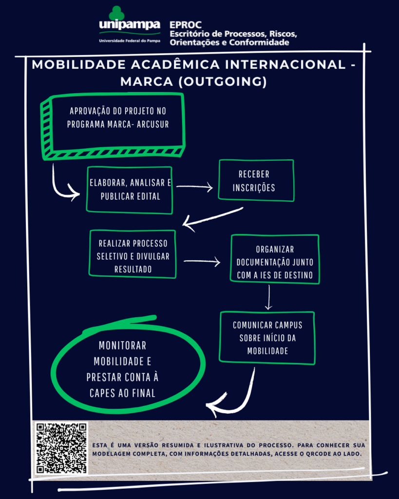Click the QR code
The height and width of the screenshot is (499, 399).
point(61,448)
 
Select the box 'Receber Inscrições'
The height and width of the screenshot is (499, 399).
point(256,180)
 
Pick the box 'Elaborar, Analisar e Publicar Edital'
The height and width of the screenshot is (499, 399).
point(130,190)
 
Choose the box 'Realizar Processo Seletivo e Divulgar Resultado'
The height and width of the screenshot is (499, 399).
point(133,254)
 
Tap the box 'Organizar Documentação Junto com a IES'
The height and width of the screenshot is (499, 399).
point(275,259)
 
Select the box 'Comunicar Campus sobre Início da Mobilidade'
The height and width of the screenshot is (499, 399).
point(267,337)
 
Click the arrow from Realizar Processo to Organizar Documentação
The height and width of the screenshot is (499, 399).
point(202,262)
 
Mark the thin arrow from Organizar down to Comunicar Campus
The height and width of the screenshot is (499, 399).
point(268,297)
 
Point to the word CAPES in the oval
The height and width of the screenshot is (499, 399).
point(102,393)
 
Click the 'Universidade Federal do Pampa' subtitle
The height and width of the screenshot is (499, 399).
point(129,40)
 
